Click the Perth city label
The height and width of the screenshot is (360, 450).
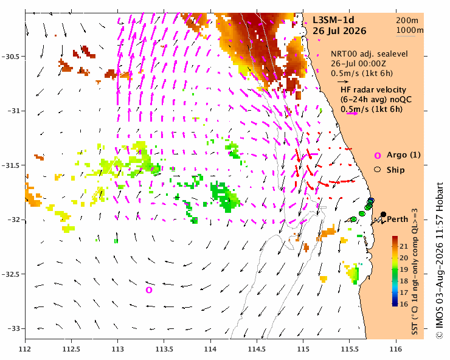click(398, 220)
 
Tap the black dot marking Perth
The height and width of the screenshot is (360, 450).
click(383, 214)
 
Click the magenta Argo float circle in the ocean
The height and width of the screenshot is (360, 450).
click(148, 290)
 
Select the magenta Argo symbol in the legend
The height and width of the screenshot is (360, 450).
click(378, 156)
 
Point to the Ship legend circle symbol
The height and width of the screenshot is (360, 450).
click(378, 170)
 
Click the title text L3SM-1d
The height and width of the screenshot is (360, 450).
click(333, 20)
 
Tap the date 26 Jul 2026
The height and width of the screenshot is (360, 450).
click(339, 31)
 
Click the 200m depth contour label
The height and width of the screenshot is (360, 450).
click(407, 21)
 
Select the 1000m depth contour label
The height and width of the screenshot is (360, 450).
click(410, 30)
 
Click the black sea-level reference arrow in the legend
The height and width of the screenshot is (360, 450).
click(343, 81)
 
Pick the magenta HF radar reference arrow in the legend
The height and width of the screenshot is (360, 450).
click(352, 113)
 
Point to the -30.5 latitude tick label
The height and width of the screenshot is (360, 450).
click(12, 57)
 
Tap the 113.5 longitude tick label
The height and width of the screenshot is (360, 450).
click(164, 349)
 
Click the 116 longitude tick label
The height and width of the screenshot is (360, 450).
click(396, 349)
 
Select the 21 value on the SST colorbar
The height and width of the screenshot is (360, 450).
click(404, 246)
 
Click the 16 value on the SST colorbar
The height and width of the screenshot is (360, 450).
click(404, 304)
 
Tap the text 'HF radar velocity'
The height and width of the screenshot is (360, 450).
click(373, 90)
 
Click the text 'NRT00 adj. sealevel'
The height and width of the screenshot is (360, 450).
click(369, 54)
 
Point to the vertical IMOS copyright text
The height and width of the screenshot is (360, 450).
click(440, 260)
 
